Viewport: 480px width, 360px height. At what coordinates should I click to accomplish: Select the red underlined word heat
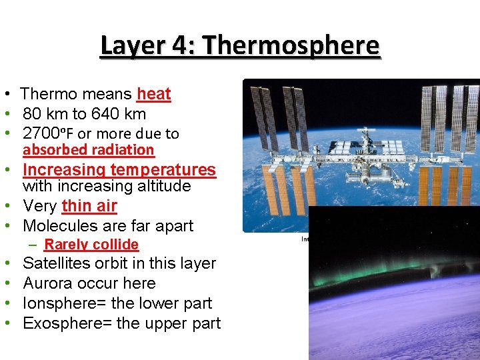154,95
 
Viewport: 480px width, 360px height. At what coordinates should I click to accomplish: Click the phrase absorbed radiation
88,150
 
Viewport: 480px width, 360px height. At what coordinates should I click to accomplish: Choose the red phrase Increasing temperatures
119,170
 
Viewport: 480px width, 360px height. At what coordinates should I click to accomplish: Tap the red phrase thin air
89,206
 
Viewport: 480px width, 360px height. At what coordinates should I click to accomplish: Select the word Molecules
57,226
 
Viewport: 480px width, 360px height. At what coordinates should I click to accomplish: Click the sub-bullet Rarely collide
91,245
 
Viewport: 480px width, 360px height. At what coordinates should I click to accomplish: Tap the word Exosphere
58,323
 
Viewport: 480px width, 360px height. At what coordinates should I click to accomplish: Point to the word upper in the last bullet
169,324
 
